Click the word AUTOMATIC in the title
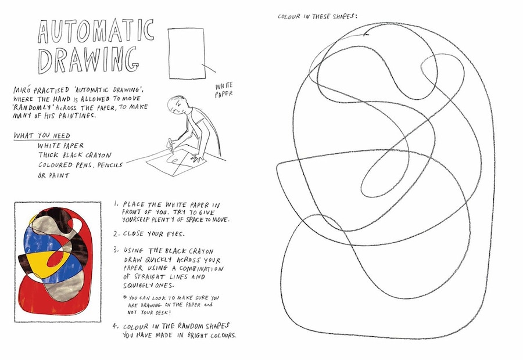pos(96,31)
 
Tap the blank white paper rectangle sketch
pos(187,53)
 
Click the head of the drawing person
pos(177,105)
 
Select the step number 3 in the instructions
pos(116,249)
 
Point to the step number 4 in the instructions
pos(116,325)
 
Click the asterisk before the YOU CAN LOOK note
pos(124,298)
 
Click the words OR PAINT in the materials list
pos(53,175)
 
